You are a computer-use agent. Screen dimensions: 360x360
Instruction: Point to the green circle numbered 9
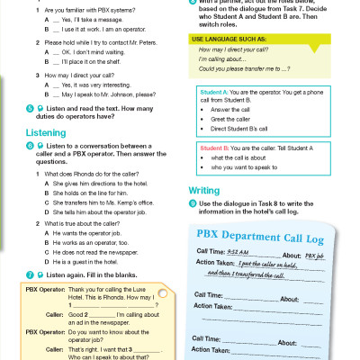tap(192, 206)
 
